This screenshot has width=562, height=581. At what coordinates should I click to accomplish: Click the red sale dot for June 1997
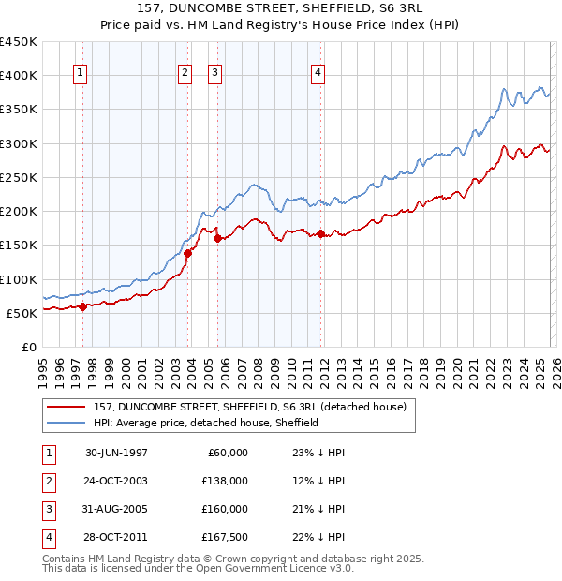(x=83, y=305)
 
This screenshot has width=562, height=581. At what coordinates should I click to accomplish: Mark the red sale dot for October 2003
(x=187, y=252)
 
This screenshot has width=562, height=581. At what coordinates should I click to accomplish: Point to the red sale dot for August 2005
(x=218, y=238)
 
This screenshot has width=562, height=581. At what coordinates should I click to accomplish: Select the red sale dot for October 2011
(x=320, y=233)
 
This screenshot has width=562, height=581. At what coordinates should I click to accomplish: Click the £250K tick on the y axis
(x=19, y=177)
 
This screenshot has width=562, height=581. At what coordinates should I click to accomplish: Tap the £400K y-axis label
(x=19, y=75)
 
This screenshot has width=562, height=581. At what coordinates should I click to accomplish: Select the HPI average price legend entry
(x=206, y=424)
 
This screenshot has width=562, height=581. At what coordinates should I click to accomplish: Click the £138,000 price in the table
(x=226, y=481)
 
